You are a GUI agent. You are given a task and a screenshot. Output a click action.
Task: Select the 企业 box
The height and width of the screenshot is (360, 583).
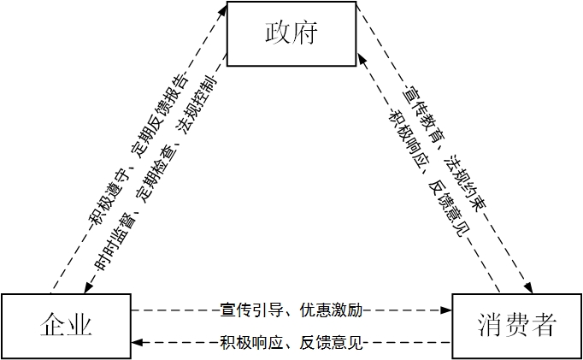click(x=66, y=326)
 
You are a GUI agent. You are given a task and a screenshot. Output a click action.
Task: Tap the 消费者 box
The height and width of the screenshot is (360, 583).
click(x=516, y=326)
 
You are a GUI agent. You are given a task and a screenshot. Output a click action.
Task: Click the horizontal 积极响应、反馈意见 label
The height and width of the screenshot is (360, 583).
click(x=291, y=344)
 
